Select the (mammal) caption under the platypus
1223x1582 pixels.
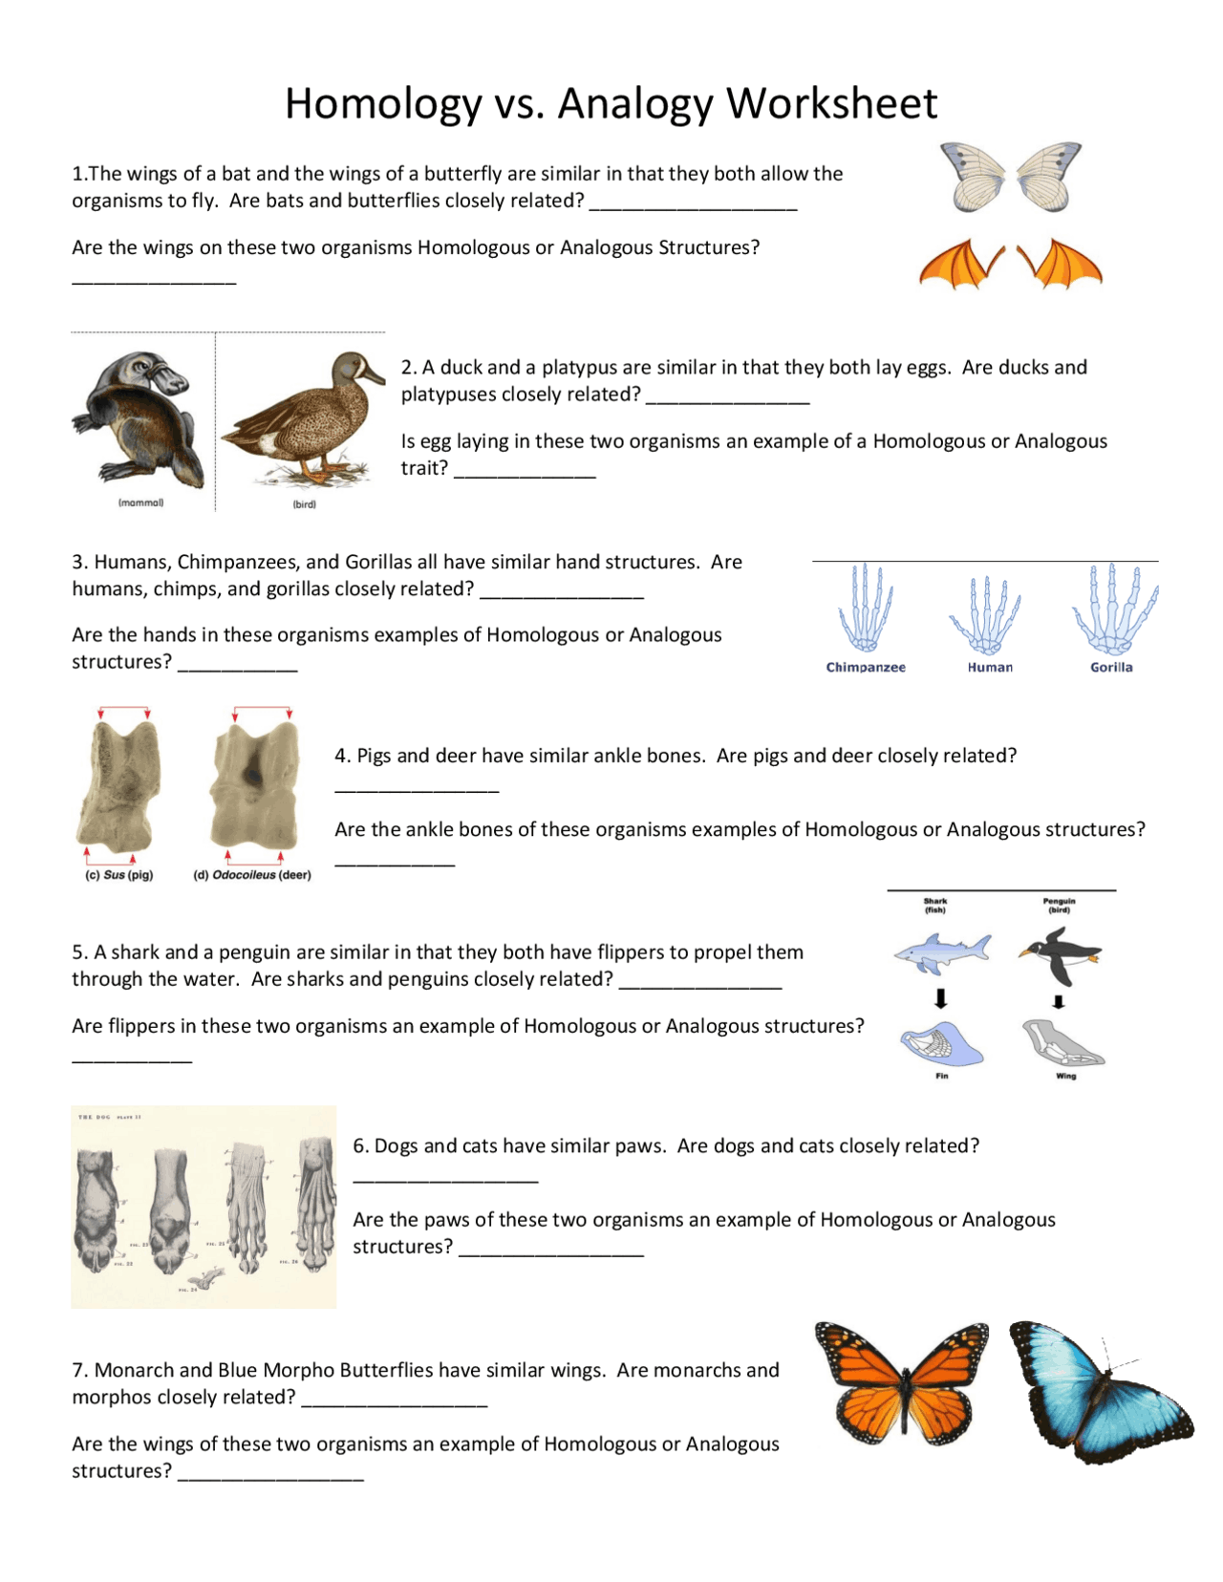(x=140, y=502)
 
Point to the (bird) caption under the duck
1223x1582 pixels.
(x=304, y=503)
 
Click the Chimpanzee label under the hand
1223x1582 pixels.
(x=866, y=667)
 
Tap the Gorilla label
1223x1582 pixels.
(x=1111, y=667)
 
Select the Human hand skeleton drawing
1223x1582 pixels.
(x=987, y=614)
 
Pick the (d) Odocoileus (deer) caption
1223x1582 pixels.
(x=252, y=874)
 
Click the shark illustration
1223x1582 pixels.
(x=941, y=951)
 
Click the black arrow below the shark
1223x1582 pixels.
(x=941, y=999)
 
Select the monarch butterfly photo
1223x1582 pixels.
(x=902, y=1383)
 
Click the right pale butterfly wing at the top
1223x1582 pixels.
(x=1049, y=176)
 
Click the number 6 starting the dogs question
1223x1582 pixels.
(x=359, y=1146)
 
